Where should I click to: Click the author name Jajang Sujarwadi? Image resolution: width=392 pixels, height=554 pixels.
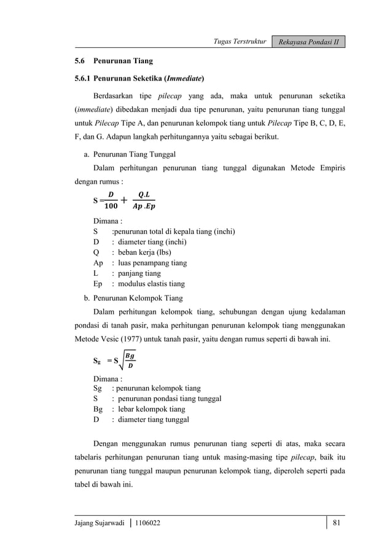tap(100, 523)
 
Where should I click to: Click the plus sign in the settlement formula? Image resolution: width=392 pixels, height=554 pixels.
tap(125, 200)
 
